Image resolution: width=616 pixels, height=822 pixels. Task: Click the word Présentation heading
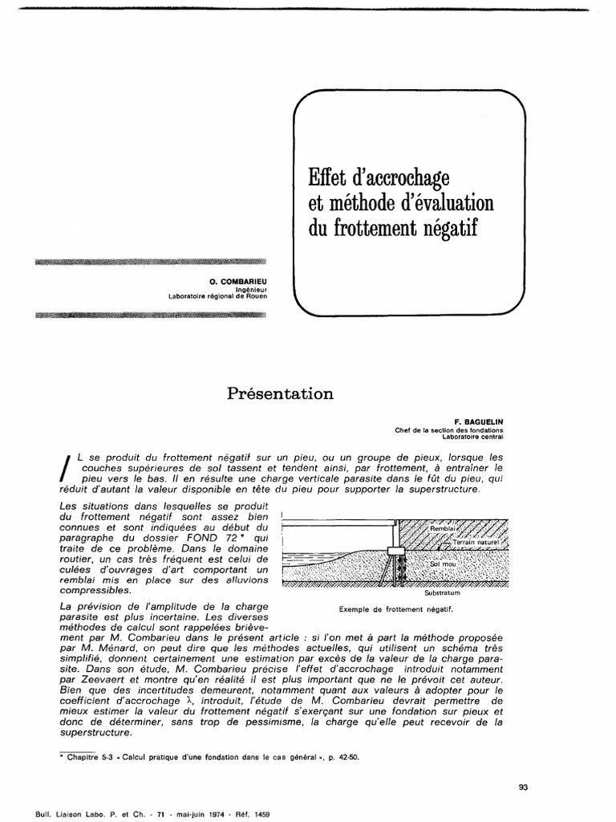tap(280, 393)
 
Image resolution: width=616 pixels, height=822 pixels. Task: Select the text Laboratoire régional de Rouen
tap(217, 295)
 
